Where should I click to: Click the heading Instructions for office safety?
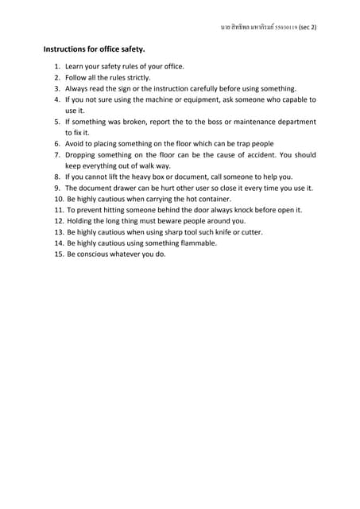94,49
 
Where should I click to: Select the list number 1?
57,67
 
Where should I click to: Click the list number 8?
57,177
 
